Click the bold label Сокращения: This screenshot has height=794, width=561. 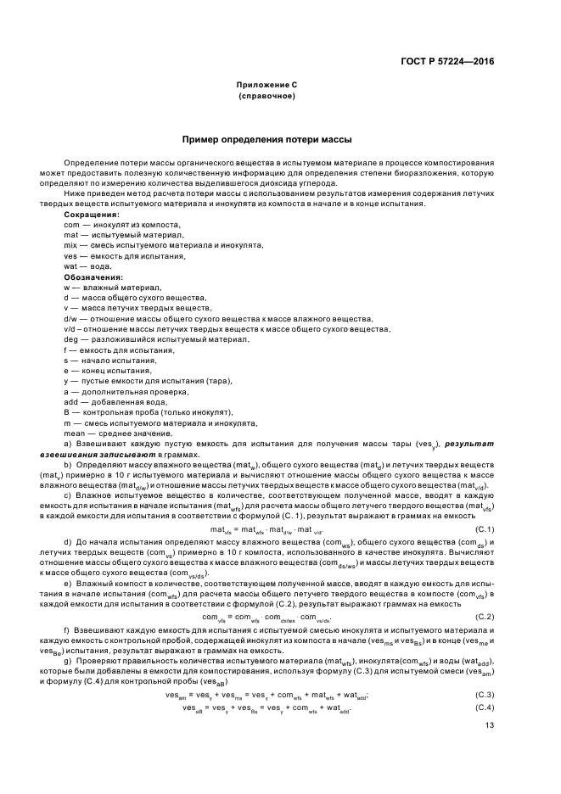tap(92, 215)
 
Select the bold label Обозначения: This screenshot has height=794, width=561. tap(94, 277)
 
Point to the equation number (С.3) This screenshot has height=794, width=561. tap(485, 695)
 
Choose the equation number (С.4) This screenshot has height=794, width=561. tap(485, 707)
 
